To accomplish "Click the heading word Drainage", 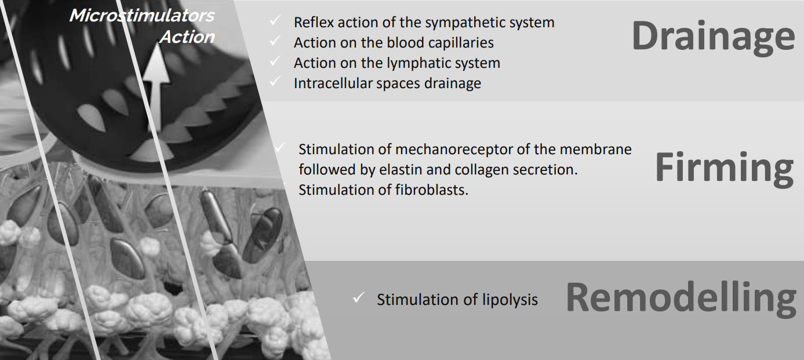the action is click(x=713, y=37).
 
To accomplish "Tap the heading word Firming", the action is click(x=725, y=168).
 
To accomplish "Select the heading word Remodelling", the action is click(x=681, y=299).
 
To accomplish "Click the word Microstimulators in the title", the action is click(x=142, y=16).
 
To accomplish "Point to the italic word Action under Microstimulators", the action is click(x=187, y=37).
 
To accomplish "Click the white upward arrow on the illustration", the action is click(x=155, y=87).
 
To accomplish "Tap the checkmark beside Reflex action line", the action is click(x=275, y=20).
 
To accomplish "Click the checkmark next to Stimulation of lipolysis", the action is click(x=359, y=297).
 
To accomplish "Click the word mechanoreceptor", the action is click(x=454, y=150).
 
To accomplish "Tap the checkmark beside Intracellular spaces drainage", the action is click(x=275, y=82).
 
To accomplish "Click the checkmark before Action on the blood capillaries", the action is click(x=275, y=41).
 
